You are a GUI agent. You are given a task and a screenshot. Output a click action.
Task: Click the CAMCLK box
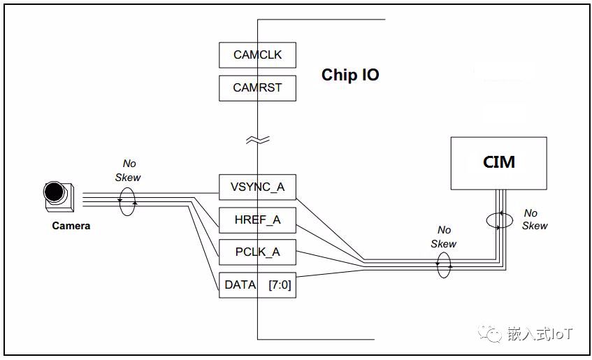point(257,55)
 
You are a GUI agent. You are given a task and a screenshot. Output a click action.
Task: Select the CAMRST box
point(257,89)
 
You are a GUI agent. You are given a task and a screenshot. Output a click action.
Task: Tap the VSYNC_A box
point(257,187)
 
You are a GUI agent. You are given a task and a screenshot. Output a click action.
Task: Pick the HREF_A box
point(257,220)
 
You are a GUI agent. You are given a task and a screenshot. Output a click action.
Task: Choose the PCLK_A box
point(257,252)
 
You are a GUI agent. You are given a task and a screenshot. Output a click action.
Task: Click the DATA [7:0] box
point(257,285)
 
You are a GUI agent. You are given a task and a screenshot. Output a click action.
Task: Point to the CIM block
point(498,163)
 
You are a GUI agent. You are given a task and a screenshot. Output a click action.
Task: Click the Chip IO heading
point(350,75)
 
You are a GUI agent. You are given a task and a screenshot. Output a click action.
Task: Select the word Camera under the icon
point(71,226)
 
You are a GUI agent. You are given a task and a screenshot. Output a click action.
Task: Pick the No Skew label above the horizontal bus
point(444,237)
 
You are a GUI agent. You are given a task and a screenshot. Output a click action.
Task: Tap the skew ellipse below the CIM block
point(498,220)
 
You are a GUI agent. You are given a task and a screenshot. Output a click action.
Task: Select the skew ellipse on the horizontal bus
point(444,265)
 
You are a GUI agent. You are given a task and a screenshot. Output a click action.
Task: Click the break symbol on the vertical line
point(257,141)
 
